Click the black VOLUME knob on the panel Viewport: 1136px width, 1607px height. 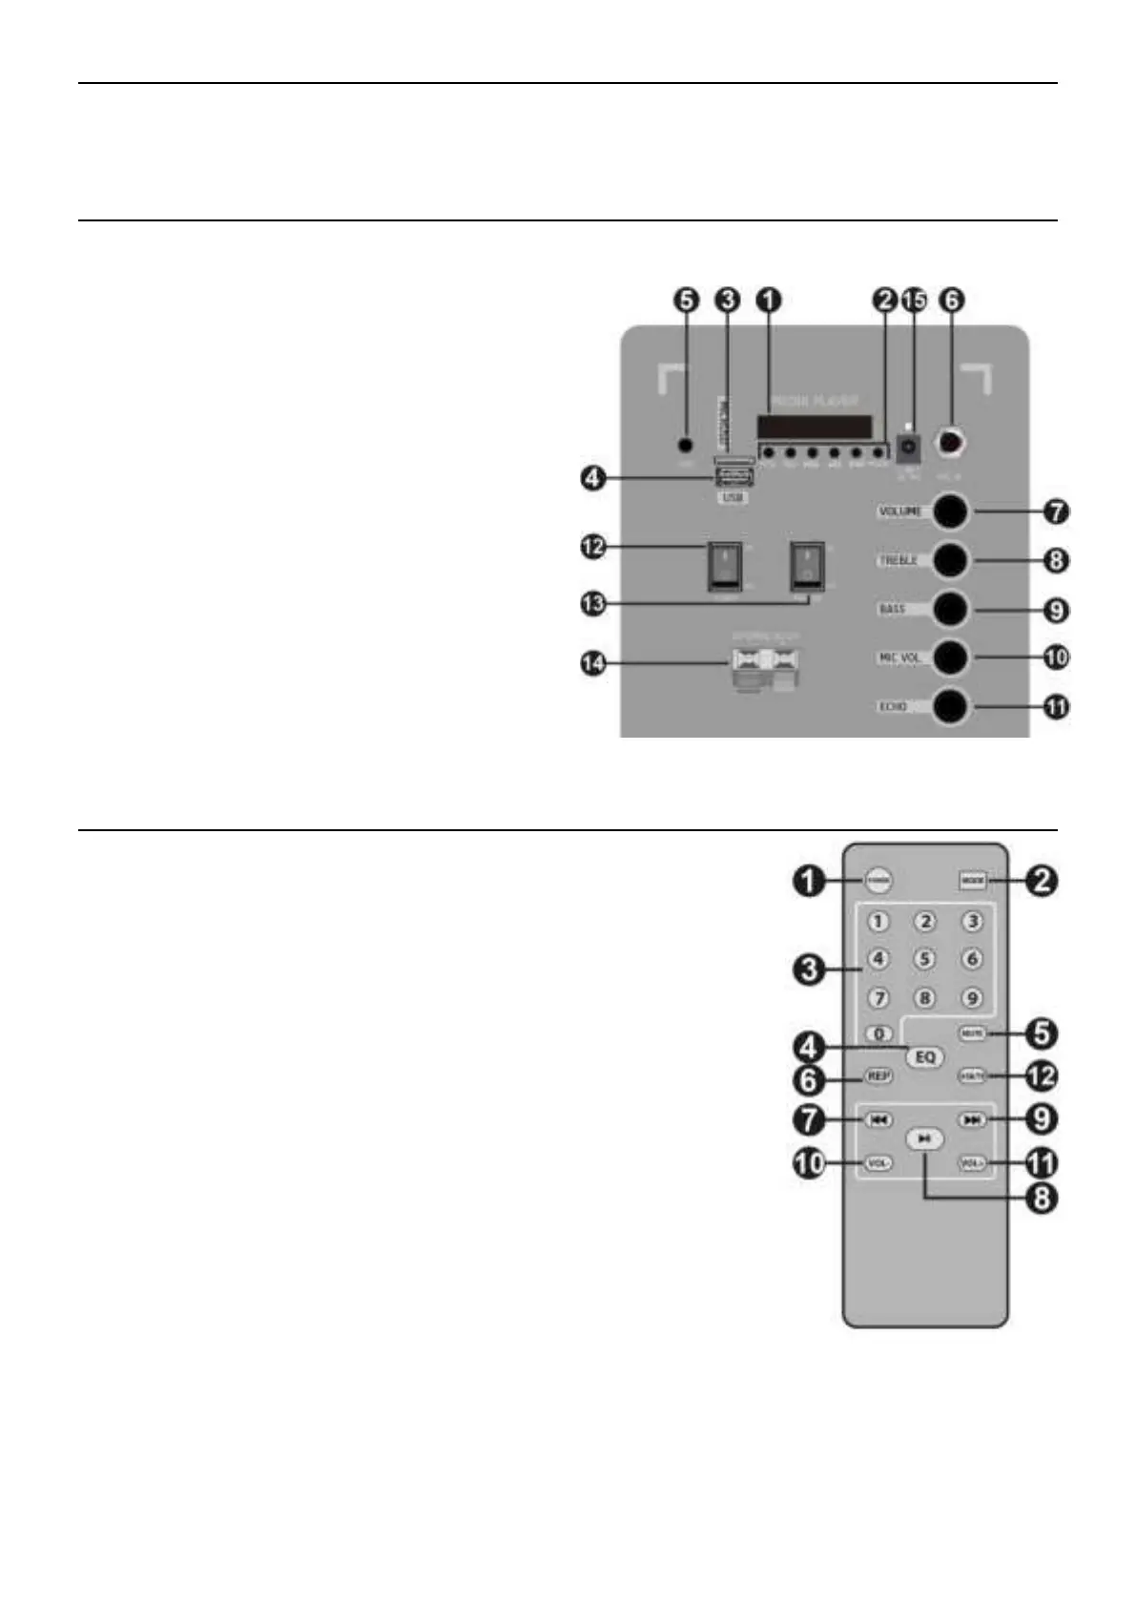click(949, 511)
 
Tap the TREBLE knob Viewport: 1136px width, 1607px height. click(949, 560)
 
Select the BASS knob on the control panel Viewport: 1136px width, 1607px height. click(949, 609)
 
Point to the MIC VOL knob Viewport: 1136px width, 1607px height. click(949, 657)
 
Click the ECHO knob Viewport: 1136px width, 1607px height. click(949, 707)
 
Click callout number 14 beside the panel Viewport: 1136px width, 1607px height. click(595, 664)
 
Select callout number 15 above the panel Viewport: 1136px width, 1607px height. click(914, 300)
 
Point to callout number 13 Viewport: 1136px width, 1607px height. click(595, 603)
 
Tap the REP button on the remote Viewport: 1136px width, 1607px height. click(878, 1075)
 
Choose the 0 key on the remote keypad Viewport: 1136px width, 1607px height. click(878, 1033)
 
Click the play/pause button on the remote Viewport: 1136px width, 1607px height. click(924, 1139)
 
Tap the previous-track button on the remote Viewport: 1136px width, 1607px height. click(878, 1120)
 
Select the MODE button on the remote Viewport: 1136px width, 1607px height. click(972, 880)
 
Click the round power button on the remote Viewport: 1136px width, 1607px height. click(878, 880)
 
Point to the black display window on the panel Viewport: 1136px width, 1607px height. click(815, 427)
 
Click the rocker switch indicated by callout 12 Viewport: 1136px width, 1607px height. click(723, 566)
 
